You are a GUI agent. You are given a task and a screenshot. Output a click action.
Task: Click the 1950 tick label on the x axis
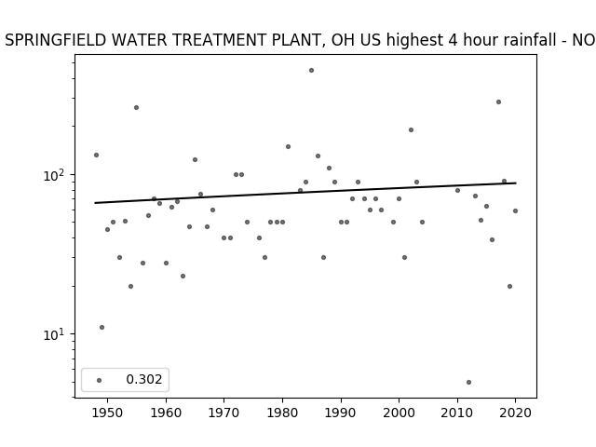click(x=108, y=413)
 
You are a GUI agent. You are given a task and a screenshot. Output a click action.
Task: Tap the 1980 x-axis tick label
click(x=282, y=413)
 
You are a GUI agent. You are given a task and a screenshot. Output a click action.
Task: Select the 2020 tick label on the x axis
click(x=515, y=413)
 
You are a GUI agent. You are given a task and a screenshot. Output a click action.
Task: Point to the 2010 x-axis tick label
click(x=457, y=413)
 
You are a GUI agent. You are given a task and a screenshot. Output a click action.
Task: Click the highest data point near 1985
click(x=311, y=71)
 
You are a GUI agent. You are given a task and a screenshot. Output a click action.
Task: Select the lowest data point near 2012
click(x=468, y=383)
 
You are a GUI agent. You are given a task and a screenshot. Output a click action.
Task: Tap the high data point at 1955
click(x=136, y=108)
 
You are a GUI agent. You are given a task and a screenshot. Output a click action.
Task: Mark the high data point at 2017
click(x=498, y=102)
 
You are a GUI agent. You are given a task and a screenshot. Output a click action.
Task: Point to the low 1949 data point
click(x=102, y=327)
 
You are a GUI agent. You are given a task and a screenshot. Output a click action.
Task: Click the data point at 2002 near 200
click(x=411, y=130)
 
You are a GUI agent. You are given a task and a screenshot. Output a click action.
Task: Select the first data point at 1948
click(x=96, y=156)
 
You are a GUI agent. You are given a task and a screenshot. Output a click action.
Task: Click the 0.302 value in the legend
click(x=144, y=379)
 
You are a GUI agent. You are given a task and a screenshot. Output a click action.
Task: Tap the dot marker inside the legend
click(x=99, y=381)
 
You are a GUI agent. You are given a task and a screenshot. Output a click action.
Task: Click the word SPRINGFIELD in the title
click(x=56, y=40)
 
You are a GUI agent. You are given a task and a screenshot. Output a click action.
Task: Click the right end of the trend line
click(x=516, y=183)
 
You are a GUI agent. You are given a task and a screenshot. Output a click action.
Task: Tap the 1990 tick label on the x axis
click(x=341, y=413)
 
